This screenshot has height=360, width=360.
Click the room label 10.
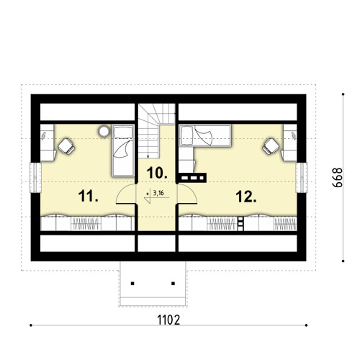(157, 173)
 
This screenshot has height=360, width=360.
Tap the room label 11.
(88, 196)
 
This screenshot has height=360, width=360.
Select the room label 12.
(246, 197)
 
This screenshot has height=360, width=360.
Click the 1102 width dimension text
(168, 320)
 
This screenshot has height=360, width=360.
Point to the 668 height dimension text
(338, 178)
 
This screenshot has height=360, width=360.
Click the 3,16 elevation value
(158, 193)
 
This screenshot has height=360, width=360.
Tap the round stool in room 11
(104, 131)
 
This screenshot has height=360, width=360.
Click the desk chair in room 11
(66, 146)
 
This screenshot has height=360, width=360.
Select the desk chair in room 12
(271, 146)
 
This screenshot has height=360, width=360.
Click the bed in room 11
(123, 150)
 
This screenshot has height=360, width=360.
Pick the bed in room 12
(205, 135)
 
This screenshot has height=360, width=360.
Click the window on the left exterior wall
(35, 178)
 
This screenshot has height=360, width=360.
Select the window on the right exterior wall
(302, 178)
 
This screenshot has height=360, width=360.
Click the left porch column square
(132, 284)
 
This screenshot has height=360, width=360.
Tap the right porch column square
(173, 284)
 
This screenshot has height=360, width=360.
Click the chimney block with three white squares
(192, 178)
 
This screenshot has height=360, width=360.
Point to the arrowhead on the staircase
(148, 157)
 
